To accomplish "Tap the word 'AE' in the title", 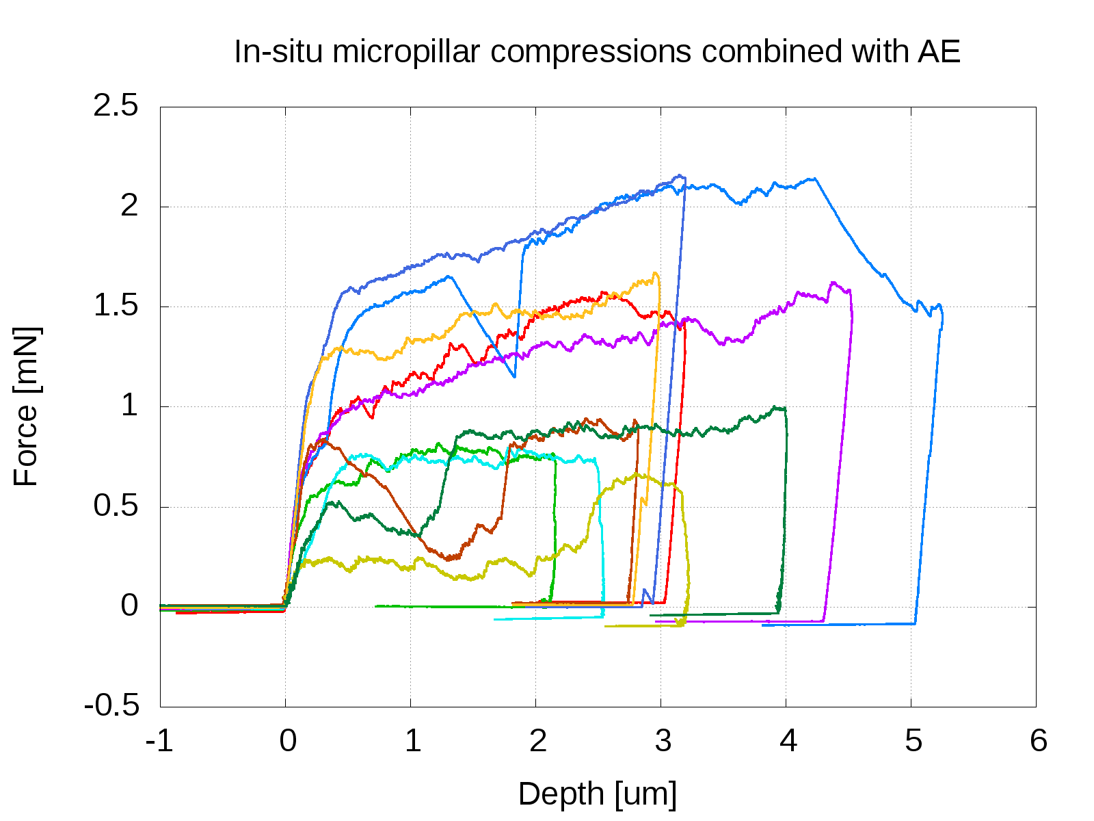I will coord(939,52).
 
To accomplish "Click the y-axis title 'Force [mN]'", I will coord(27,406).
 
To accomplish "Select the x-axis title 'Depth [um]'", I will coord(598,794).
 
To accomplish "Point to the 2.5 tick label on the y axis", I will coord(116,107).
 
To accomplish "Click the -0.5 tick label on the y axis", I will coord(111,706).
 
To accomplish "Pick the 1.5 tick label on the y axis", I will coord(116,307).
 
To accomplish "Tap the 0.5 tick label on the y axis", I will coord(116,507).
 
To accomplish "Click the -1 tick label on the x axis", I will coord(160,741).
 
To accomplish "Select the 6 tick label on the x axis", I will coord(1037,741).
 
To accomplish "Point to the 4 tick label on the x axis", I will coord(787,741).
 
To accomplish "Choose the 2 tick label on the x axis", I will coord(537,741).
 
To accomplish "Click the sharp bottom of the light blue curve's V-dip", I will coord(514,376).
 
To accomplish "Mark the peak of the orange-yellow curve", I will coord(656,274).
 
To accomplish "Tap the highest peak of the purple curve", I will coord(833,283).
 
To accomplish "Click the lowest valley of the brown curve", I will coord(449,559).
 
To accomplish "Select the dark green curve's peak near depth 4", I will coord(775,408).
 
